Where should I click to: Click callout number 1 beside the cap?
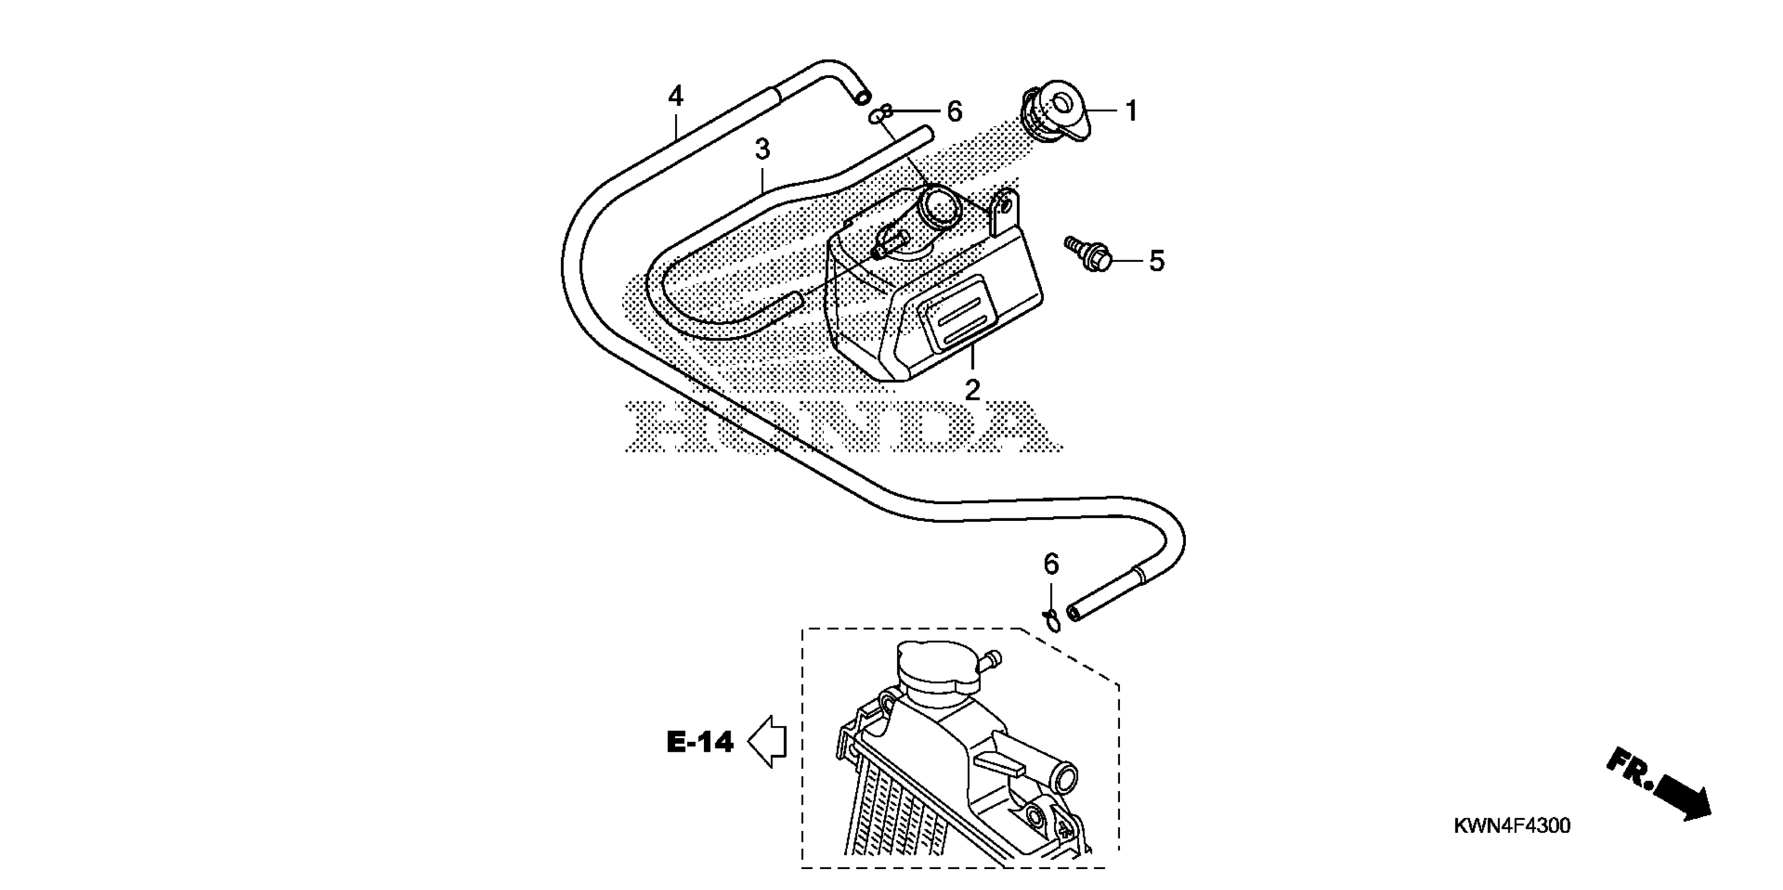pos(1131,111)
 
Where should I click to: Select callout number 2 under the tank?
pos(972,390)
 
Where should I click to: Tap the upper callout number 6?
pos(955,112)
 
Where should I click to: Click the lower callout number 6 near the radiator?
pos(1051,564)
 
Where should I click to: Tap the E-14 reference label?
pos(700,742)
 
